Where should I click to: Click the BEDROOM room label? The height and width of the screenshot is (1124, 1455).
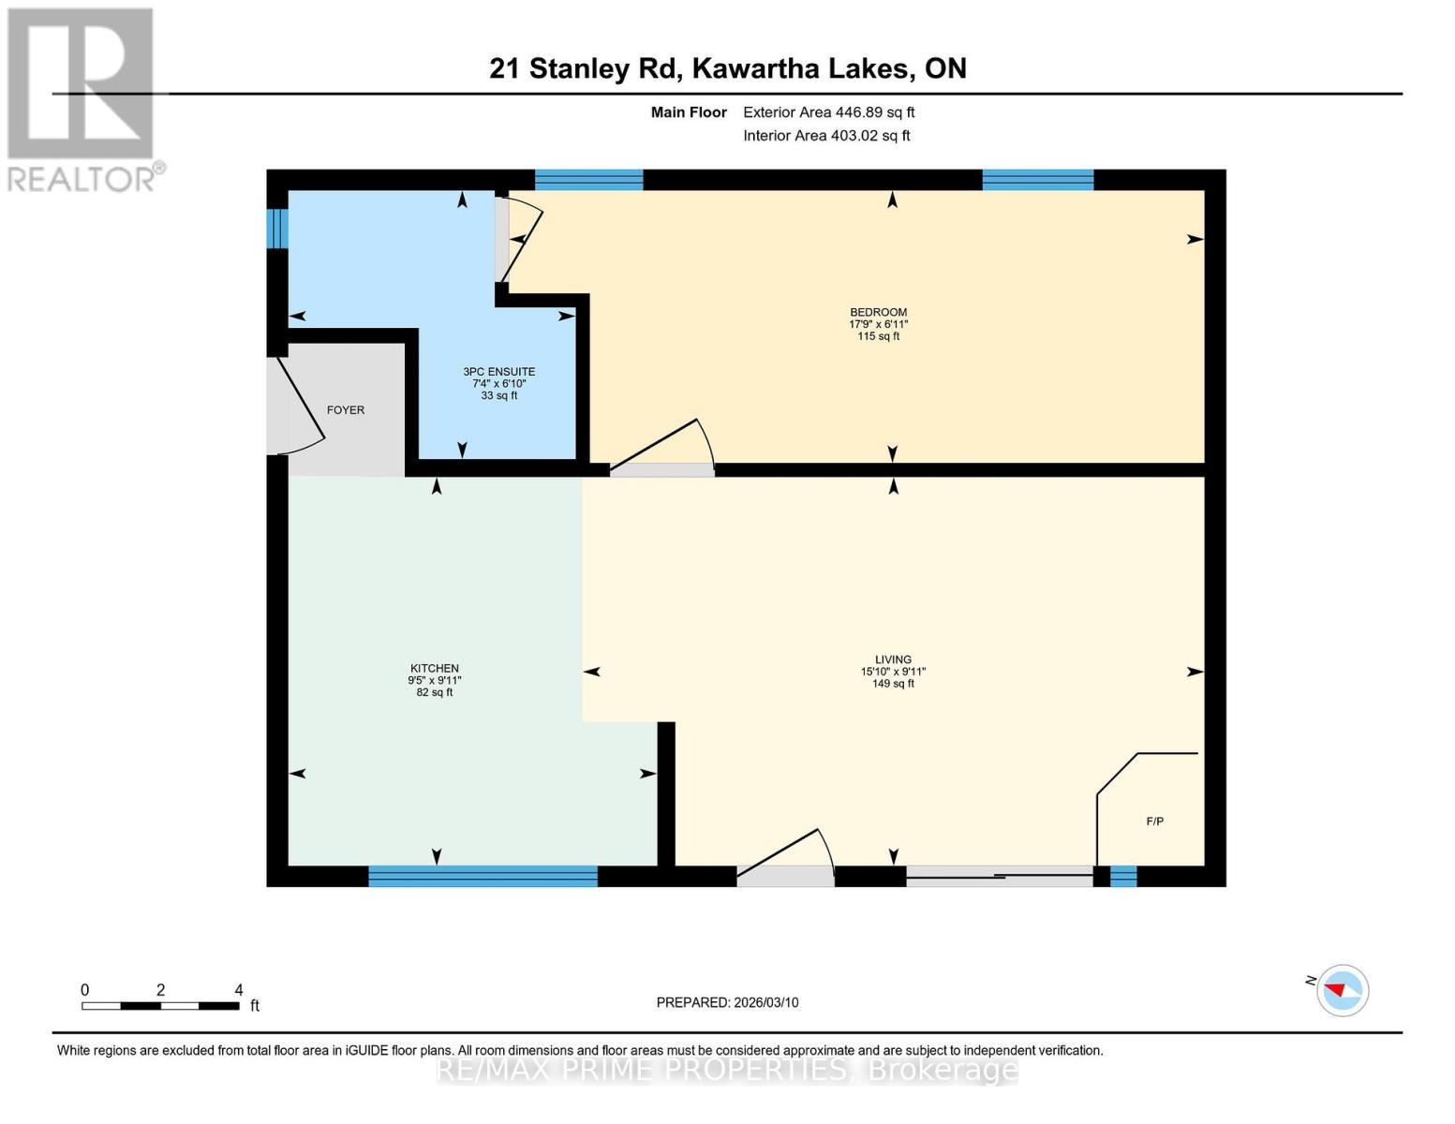[x=878, y=312]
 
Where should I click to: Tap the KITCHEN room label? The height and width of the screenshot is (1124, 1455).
[x=434, y=669]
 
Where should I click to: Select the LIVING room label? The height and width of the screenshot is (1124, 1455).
[x=893, y=659]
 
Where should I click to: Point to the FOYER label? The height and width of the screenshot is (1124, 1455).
[x=346, y=410]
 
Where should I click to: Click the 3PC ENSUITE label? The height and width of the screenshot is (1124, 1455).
[x=499, y=372]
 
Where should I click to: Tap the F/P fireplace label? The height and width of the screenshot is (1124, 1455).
[x=1155, y=821]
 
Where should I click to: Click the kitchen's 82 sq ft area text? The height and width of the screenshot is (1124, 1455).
[x=435, y=693]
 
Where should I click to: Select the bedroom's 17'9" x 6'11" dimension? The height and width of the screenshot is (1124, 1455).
[x=878, y=324]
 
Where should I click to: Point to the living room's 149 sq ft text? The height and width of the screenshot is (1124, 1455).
[x=893, y=684]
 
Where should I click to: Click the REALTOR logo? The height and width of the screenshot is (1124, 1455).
[x=82, y=98]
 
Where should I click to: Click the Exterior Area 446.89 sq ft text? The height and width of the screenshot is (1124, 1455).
[x=828, y=112]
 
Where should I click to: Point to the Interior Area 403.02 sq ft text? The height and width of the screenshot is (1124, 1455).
[x=826, y=136]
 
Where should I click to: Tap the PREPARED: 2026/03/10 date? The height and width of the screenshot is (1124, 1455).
[x=727, y=1002]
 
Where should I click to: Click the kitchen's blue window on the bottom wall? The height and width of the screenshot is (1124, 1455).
[x=483, y=877]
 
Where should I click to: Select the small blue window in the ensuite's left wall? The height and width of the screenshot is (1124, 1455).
[x=277, y=228]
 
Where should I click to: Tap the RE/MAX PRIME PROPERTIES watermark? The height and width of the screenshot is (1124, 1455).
[x=727, y=1070]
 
